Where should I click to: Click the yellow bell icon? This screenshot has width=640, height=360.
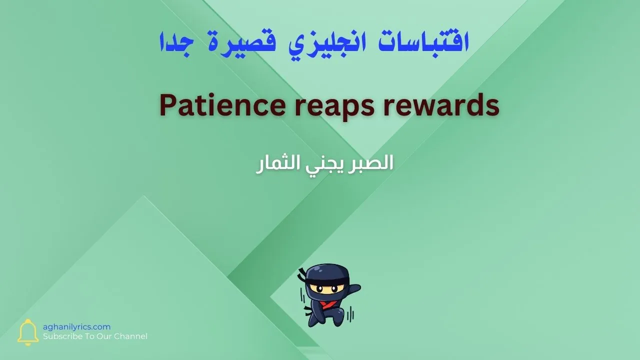[28, 332]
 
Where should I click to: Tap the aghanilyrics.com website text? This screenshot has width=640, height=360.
[76, 326]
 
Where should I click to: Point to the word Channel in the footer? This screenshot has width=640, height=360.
[130, 336]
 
